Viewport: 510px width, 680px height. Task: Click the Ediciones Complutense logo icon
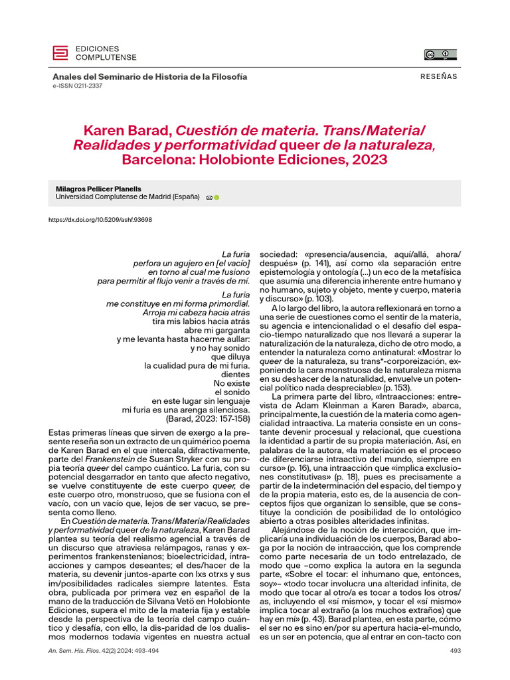[60, 52]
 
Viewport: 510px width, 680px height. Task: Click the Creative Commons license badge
[441, 55]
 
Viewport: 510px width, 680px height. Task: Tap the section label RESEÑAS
[439, 76]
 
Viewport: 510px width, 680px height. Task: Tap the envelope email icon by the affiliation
[209, 198]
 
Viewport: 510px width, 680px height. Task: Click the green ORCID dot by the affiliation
[216, 198]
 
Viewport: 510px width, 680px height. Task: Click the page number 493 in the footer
[455, 651]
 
